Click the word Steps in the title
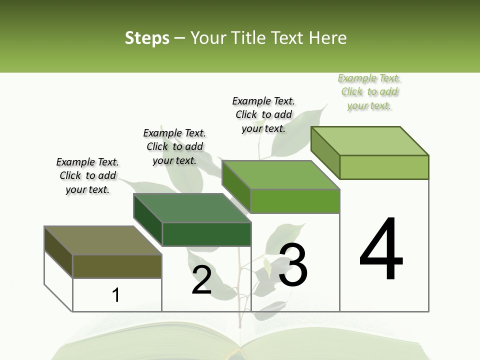(x=147, y=38)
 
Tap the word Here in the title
(x=328, y=38)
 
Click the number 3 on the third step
(x=293, y=265)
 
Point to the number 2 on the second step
(x=201, y=280)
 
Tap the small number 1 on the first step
(x=116, y=295)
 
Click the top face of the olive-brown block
(x=102, y=240)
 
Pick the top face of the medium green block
(x=281, y=175)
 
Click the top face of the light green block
(x=370, y=141)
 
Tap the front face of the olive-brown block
(x=117, y=266)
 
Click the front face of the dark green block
(x=206, y=234)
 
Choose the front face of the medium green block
(x=295, y=201)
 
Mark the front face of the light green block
(x=384, y=167)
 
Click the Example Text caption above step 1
(x=87, y=175)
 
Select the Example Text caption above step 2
(x=174, y=146)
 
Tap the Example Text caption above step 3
(x=263, y=114)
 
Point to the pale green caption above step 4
(x=369, y=91)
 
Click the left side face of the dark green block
(x=148, y=220)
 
